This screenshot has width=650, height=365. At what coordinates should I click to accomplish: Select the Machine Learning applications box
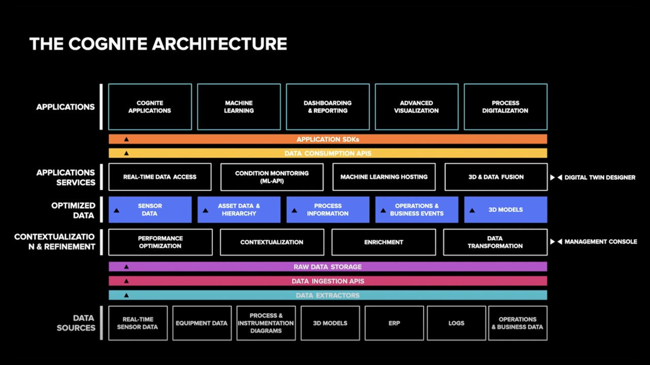click(239, 107)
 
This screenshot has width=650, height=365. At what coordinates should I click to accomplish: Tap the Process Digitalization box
click(505, 107)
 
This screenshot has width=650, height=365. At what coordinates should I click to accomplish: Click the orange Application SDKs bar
click(328, 139)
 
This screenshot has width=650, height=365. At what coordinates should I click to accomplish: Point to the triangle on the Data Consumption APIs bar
click(126, 153)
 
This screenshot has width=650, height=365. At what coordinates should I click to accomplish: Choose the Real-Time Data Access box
click(159, 177)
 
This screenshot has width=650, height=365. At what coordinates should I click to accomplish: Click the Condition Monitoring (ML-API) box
click(272, 177)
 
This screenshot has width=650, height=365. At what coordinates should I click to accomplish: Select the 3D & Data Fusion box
click(496, 177)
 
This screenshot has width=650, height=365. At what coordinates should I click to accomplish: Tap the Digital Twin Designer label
click(600, 177)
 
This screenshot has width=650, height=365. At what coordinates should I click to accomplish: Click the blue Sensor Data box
click(150, 210)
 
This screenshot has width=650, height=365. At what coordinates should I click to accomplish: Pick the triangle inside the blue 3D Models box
click(472, 210)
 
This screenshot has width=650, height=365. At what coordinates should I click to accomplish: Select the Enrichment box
click(383, 242)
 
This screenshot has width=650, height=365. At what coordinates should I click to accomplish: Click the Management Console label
click(600, 242)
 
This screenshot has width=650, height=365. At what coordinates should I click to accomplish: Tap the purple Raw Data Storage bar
click(328, 267)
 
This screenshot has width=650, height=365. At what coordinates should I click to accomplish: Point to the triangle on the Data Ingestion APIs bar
click(126, 281)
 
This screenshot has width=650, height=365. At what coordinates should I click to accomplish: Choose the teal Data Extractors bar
click(328, 295)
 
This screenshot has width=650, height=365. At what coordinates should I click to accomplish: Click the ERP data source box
click(394, 323)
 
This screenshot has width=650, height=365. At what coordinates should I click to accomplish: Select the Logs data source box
click(456, 323)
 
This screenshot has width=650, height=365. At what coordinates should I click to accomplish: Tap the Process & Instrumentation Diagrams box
click(266, 323)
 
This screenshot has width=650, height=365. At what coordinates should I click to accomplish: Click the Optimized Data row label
click(73, 210)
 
